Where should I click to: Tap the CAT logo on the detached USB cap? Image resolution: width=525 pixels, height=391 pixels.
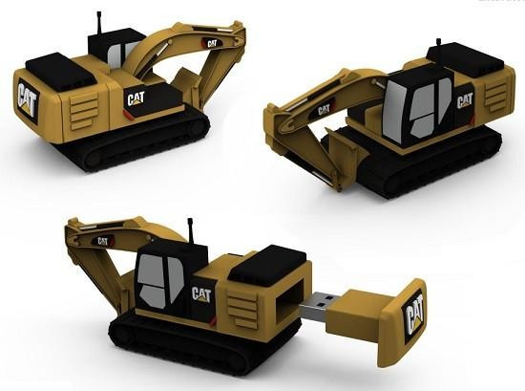click(414, 317)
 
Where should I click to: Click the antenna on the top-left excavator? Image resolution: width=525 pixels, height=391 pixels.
click(99, 23)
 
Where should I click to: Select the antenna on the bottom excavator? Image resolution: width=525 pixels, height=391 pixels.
click(191, 230)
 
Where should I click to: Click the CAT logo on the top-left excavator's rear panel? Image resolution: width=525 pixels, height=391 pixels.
click(28, 100)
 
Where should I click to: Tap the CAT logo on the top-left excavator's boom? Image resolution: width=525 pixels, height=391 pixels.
click(212, 44)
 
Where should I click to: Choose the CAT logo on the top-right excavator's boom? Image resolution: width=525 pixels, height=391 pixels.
click(325, 110)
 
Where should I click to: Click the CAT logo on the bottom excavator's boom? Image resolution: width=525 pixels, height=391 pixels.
click(102, 241)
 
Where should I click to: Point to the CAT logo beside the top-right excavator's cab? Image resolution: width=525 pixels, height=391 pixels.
click(465, 100)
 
